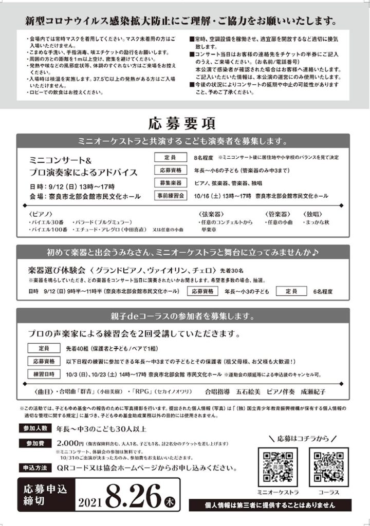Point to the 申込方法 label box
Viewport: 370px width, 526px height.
click(x=34, y=468)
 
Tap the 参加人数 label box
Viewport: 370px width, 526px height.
click(x=34, y=428)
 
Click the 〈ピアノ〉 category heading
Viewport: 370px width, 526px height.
click(x=40, y=214)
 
